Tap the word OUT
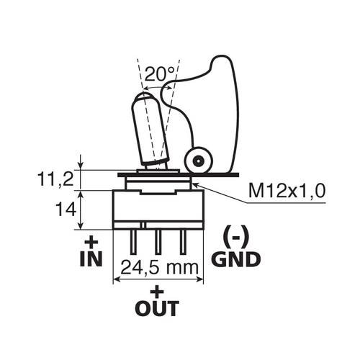157,309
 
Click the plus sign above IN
91,241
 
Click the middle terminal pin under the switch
157,240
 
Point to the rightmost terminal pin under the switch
182,240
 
